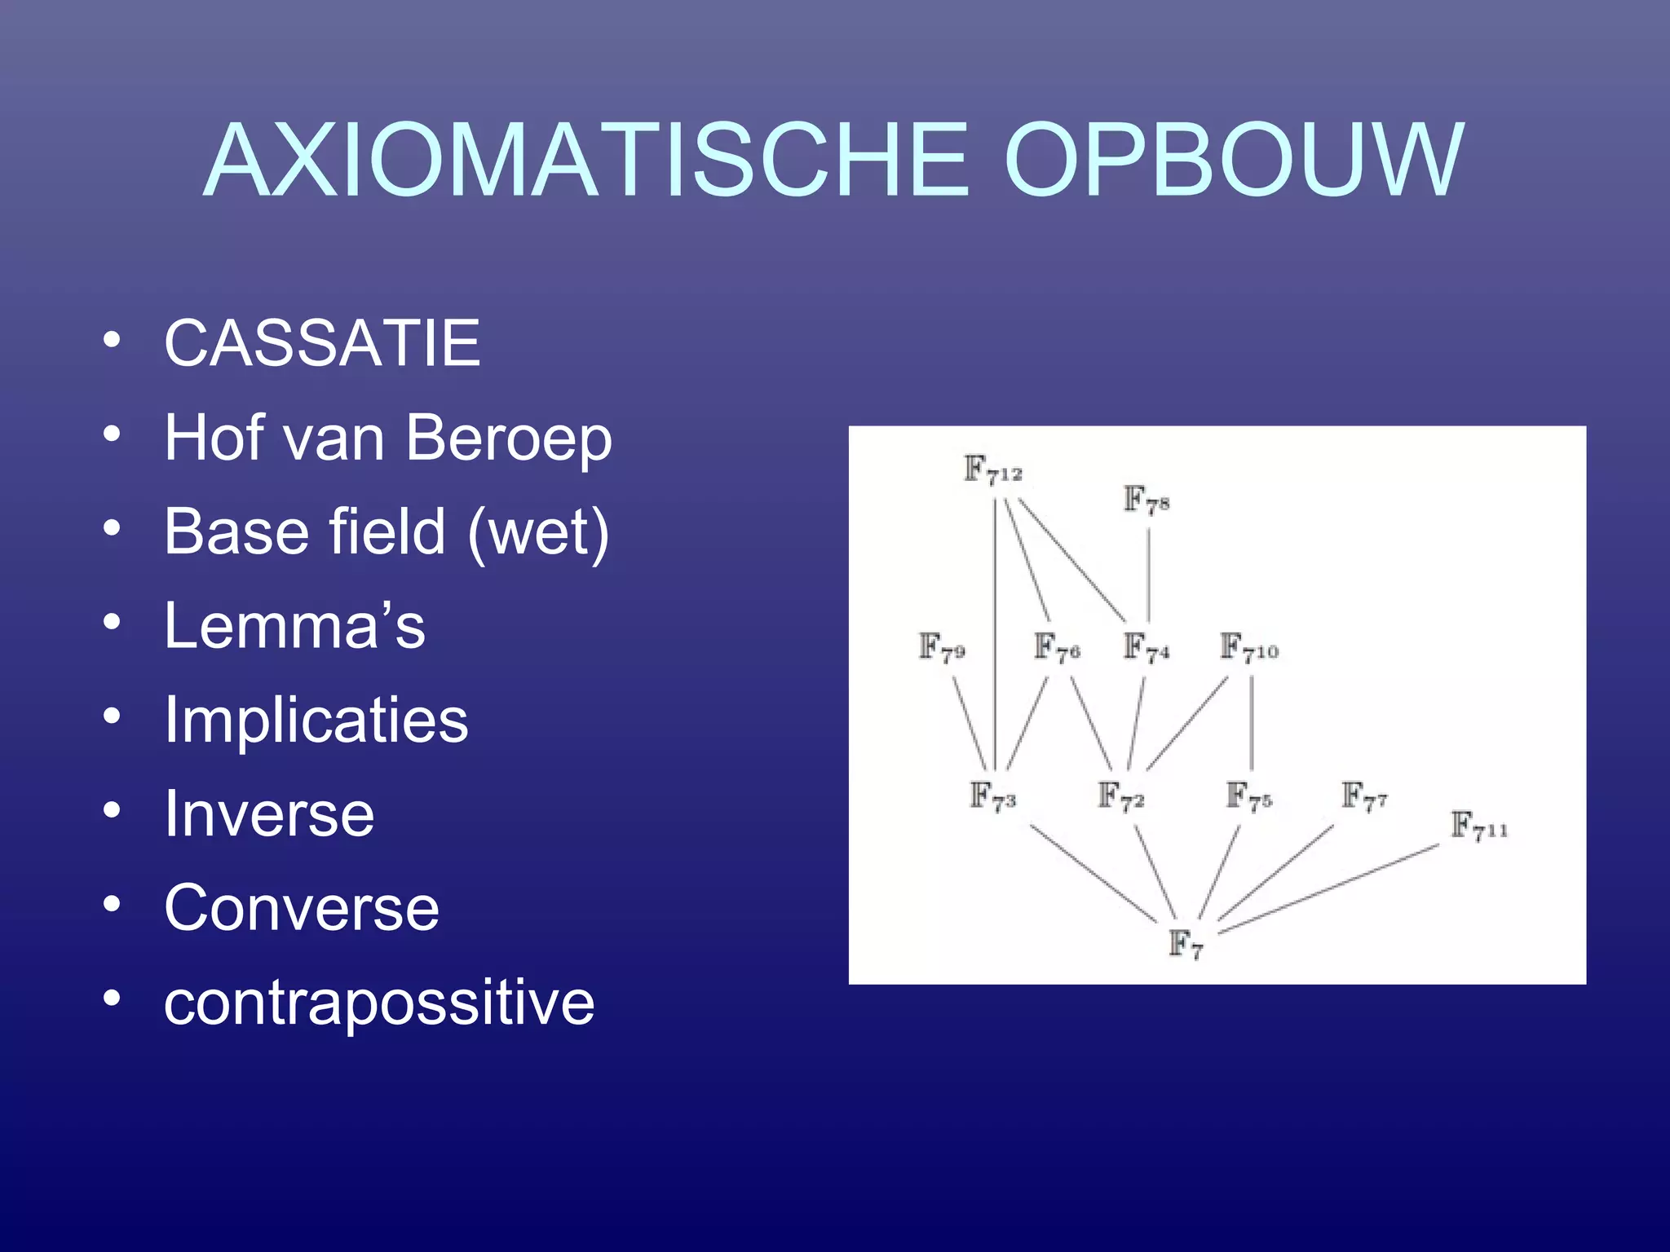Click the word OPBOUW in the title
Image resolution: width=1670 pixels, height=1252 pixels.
tap(1233, 161)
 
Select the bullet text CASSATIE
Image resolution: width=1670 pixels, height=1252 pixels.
tap(322, 343)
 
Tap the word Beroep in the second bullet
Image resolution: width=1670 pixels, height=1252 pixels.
tap(508, 438)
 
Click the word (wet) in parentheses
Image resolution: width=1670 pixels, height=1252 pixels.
tap(538, 532)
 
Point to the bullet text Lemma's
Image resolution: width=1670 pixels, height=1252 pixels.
tap(294, 626)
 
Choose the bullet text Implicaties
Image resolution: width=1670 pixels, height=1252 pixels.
tap(316, 721)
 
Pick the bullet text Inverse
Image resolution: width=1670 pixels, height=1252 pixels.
tap(269, 814)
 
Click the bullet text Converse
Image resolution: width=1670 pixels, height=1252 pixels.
tap(302, 908)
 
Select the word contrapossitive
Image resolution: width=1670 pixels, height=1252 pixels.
tap(379, 1003)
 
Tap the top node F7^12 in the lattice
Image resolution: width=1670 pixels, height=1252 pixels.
tap(992, 470)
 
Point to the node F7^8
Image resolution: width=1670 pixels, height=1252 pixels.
tap(1146, 500)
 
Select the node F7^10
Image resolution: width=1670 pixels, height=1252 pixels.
tap(1248, 648)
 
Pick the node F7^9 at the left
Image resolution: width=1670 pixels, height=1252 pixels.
tap(942, 648)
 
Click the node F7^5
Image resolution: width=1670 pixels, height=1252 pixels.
tap(1248, 796)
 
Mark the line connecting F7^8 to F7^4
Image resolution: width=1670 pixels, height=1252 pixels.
tap(1149, 575)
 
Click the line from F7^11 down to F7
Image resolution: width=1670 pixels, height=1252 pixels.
tap(1329, 888)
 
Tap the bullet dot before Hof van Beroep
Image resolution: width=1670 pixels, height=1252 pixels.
tap(113, 434)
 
